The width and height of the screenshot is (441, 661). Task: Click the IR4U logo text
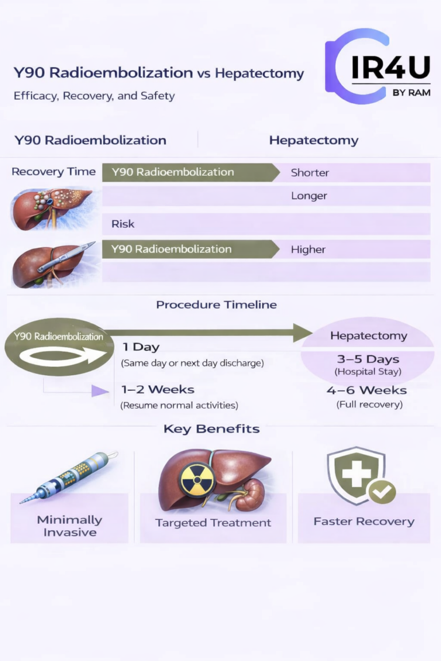point(390,68)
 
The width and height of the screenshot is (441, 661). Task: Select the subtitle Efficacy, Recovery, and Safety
point(94,95)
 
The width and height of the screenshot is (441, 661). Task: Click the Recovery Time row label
point(53,172)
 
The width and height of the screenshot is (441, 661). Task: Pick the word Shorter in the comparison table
point(310,172)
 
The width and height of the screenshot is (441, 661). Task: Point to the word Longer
point(309,196)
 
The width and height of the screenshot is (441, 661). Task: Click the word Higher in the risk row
point(308,250)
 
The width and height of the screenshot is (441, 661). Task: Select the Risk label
point(123,224)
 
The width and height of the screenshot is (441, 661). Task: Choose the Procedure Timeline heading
point(216,305)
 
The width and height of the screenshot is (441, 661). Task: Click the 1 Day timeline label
point(141,347)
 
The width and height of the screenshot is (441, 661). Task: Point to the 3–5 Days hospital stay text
point(368,359)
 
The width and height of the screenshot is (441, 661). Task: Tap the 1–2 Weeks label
point(157,390)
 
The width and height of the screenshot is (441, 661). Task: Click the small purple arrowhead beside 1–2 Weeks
point(99,391)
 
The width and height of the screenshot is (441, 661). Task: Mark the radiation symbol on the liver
point(197,479)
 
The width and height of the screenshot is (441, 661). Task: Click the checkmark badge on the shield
point(382,491)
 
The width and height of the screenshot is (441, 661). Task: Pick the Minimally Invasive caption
point(69,526)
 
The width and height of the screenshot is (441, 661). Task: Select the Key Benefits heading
point(211,429)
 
